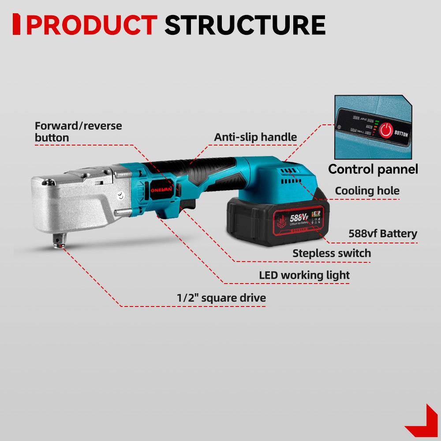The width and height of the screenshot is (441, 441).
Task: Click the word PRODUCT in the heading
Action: click(x=92, y=25)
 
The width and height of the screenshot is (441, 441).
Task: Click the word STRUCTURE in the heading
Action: click(x=245, y=25)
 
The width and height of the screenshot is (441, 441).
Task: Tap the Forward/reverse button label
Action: click(x=78, y=131)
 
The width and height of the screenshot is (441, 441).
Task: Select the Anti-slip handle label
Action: click(x=255, y=137)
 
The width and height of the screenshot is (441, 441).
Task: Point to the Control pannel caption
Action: click(x=373, y=169)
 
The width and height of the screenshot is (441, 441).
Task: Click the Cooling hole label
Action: click(x=367, y=191)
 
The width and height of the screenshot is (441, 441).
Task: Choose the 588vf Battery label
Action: click(x=382, y=233)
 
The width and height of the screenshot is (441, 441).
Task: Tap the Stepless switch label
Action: click(x=332, y=253)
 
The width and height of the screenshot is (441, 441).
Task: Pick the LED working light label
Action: click(x=304, y=275)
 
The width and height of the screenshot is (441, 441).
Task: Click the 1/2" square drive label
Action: click(x=221, y=298)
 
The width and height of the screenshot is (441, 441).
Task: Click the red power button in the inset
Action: click(x=386, y=130)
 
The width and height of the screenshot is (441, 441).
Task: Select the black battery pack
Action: click(x=265, y=223)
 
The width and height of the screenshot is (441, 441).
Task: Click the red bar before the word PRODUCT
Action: click(x=16, y=24)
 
